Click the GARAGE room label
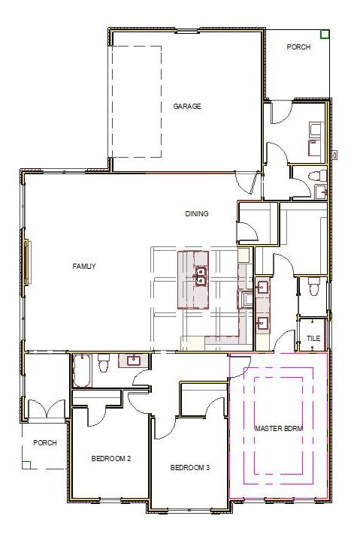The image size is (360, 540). [x=187, y=107]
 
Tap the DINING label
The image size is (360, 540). [x=197, y=214]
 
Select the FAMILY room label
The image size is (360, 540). [x=84, y=266]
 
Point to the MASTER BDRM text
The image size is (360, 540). [x=278, y=428]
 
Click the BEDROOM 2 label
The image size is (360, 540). [x=112, y=458]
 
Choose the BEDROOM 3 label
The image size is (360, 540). [x=189, y=468]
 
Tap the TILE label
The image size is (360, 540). [x=313, y=339]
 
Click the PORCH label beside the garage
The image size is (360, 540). [x=298, y=47]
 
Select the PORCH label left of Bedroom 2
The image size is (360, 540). [x=45, y=443]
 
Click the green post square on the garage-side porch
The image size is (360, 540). [x=325, y=34]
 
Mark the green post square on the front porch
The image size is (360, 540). [x=26, y=464]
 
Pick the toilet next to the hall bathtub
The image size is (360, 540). [x=104, y=360]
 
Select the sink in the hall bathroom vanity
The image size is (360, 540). [x=134, y=360]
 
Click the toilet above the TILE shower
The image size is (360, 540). [x=314, y=286]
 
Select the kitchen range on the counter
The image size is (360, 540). [x=246, y=300]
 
